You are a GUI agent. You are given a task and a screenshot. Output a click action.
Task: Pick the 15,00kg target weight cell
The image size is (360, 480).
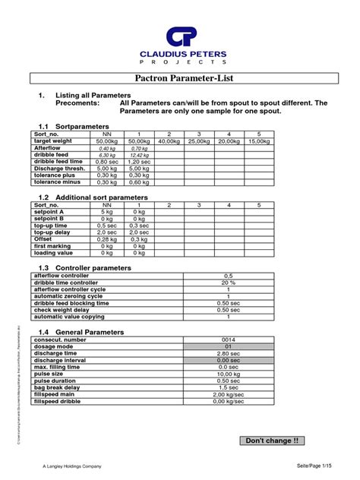pos(258,141)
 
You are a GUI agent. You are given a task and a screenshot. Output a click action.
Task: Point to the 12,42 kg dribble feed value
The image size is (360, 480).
pos(138,155)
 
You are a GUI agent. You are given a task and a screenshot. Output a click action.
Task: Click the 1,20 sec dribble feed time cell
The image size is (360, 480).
pos(138,162)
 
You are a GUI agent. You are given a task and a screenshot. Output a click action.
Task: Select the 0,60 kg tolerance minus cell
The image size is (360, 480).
pos(138,182)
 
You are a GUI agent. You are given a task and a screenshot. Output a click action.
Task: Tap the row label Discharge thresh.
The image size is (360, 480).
pos(58,169)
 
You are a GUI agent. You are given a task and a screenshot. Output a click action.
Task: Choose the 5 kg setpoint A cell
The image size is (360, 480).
pos(107,212)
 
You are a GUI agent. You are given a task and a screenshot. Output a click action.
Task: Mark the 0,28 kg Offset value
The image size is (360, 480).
pos(107,239)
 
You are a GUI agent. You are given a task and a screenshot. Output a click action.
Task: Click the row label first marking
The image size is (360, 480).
pos(53,246)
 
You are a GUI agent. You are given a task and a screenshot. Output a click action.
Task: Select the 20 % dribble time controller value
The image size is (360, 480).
pos(228,283)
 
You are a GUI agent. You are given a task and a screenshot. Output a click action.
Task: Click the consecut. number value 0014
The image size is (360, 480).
pos(228,339)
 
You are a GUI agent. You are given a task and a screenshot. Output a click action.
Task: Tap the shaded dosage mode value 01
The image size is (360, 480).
pos(228,346)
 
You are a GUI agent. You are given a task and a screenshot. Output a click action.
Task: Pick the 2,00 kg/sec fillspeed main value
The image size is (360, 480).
pos(228,394)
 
